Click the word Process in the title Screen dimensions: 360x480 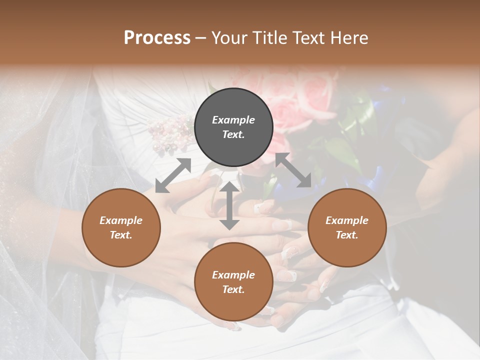[x=157, y=38]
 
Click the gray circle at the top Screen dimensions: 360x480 [x=233, y=127]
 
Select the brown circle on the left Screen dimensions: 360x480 [x=121, y=227]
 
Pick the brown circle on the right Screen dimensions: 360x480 [x=346, y=227]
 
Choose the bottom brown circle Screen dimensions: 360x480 [x=233, y=282]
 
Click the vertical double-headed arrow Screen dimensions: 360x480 [x=229, y=205]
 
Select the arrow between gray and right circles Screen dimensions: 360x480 [x=293, y=170]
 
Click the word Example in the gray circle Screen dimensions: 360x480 [x=233, y=120]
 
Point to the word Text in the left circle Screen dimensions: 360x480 [x=120, y=235]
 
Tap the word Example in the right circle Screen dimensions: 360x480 [x=346, y=220]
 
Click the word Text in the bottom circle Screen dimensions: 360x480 [x=233, y=289]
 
